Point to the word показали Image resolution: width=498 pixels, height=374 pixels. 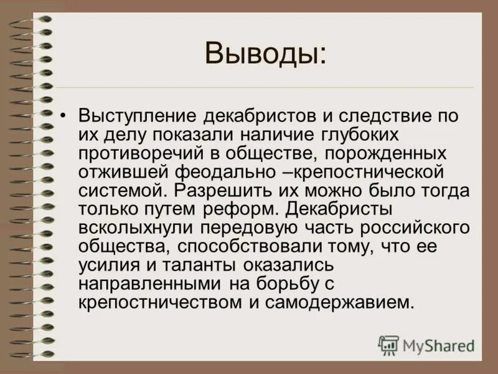195,135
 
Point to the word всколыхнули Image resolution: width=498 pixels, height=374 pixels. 141,228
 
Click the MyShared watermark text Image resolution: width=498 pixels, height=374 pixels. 438,345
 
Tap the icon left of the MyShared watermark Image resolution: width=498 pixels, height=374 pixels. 388,345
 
